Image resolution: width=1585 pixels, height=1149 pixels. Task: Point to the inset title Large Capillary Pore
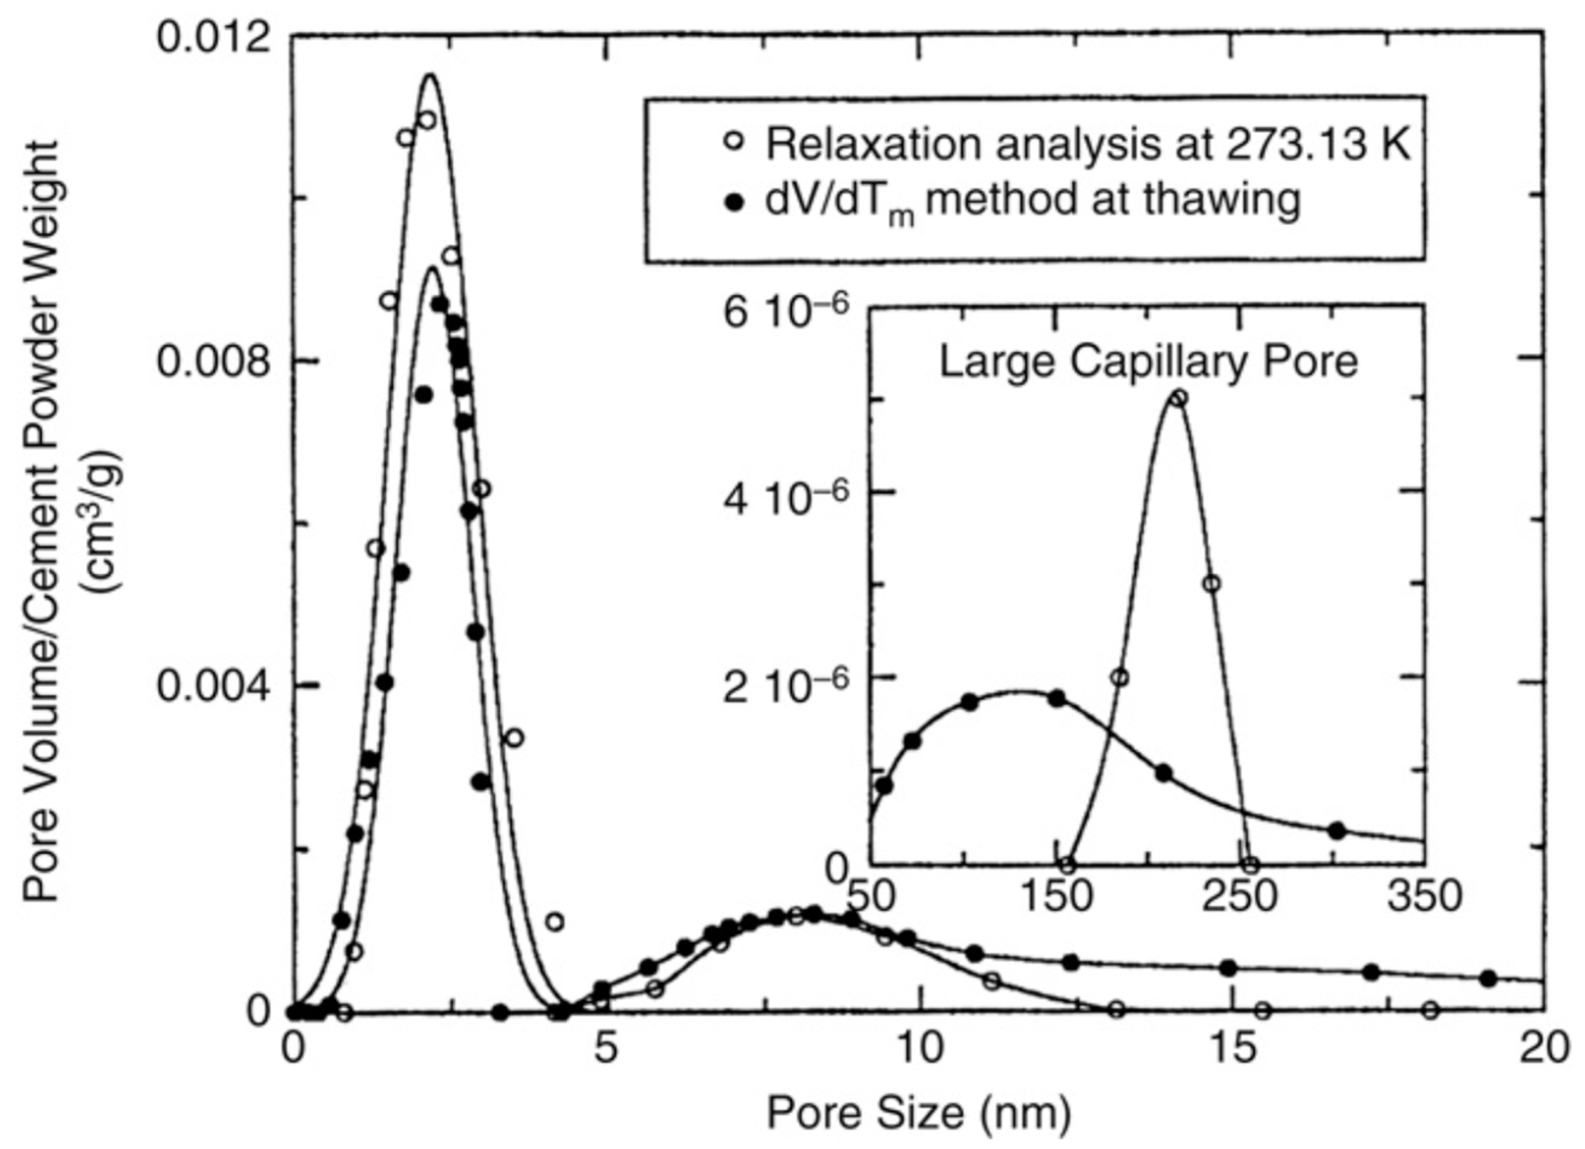[1148, 362]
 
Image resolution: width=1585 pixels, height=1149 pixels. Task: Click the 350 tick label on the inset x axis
[1424, 897]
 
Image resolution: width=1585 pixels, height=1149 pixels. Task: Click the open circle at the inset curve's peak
[1178, 398]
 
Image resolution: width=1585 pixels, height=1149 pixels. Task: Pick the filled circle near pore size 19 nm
[1489, 979]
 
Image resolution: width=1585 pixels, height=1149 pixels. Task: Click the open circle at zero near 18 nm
[1430, 1010]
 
